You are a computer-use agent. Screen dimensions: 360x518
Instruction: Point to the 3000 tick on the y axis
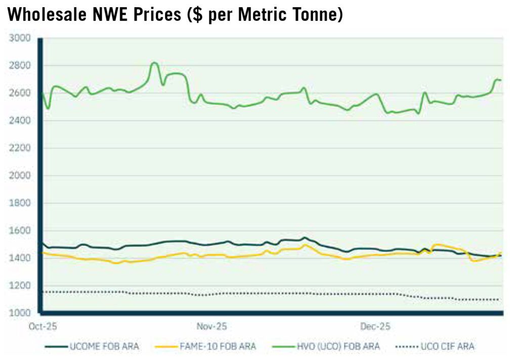tap(20, 38)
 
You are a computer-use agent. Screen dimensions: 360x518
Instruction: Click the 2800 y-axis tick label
tap(20, 66)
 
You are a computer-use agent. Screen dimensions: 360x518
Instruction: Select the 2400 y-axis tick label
tap(20, 121)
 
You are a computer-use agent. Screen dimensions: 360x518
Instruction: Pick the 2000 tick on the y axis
tap(20, 176)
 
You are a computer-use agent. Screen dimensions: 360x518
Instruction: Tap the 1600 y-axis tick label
tap(20, 231)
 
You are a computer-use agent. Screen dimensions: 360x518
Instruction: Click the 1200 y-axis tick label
tap(20, 286)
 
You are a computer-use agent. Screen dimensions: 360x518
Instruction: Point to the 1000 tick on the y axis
tap(20, 313)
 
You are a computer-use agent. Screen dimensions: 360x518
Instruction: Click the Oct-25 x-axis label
tap(42, 326)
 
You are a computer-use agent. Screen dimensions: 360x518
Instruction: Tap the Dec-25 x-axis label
tap(375, 326)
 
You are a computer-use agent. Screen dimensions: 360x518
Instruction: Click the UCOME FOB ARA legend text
tap(104, 347)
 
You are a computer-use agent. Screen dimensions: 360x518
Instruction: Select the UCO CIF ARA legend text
tap(447, 347)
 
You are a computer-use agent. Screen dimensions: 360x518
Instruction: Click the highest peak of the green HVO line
tap(155, 63)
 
